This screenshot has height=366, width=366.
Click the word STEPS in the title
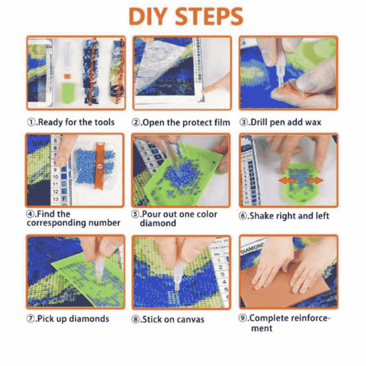tap(209, 16)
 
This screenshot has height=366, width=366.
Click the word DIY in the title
tap(149, 16)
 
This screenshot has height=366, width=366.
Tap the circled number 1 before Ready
tap(31, 122)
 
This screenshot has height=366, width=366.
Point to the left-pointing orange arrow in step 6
tap(285, 180)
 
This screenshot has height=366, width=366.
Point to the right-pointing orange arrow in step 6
tap(316, 180)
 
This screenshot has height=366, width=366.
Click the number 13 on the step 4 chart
tap(56, 199)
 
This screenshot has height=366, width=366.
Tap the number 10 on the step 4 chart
tap(55, 177)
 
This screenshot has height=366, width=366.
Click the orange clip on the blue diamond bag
tap(100, 166)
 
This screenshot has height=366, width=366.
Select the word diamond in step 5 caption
tap(158, 223)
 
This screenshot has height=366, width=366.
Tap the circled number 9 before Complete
tap(243, 318)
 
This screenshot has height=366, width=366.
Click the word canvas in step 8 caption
tap(190, 319)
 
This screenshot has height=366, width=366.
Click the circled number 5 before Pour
tap(135, 214)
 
